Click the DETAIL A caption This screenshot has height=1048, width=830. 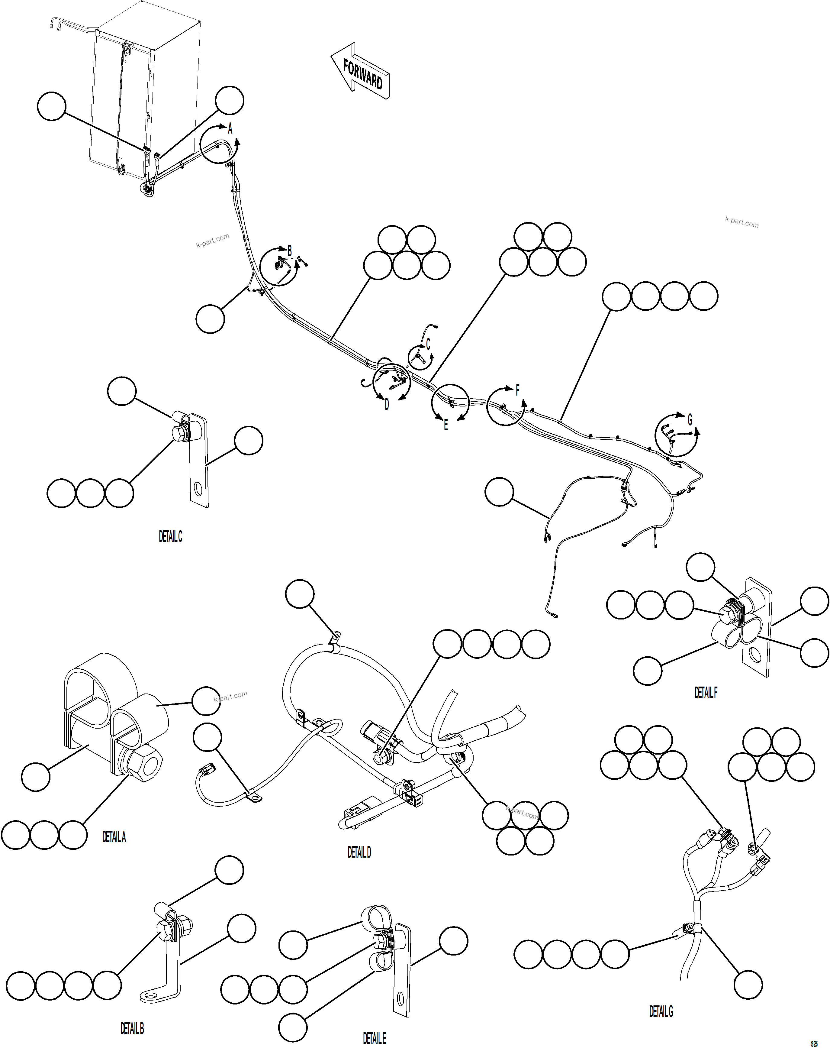[x=114, y=837]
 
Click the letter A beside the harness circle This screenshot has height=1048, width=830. [x=230, y=129]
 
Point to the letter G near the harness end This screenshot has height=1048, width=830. [x=690, y=419]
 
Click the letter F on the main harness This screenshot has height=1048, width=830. [x=517, y=390]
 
